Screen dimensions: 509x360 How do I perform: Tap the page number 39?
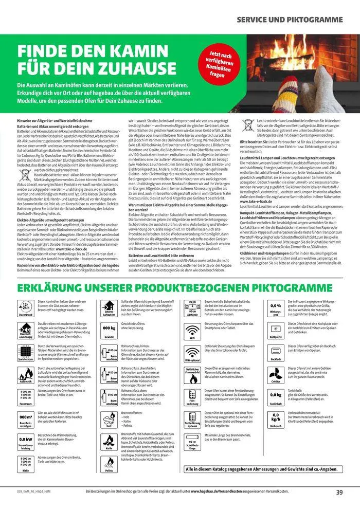[339, 492]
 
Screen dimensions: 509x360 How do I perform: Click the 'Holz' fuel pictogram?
[109, 420]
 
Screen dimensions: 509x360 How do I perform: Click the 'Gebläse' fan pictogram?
[276, 374]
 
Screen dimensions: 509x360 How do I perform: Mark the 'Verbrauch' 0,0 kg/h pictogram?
[276, 420]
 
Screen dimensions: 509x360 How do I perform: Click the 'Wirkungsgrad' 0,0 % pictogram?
[276, 307]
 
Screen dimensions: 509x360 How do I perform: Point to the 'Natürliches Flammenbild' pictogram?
[192, 374]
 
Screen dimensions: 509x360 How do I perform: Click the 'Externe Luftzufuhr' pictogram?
[109, 307]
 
